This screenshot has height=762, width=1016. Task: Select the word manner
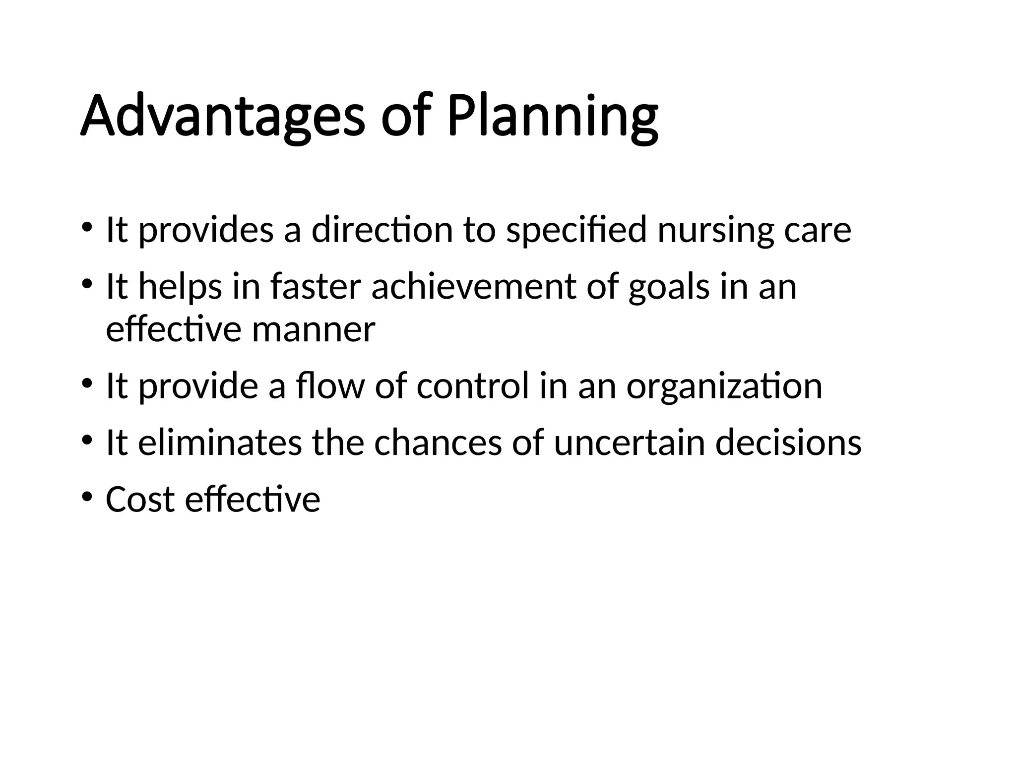tap(314, 329)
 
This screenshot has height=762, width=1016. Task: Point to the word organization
tap(724, 387)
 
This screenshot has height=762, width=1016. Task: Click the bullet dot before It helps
tap(87, 284)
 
